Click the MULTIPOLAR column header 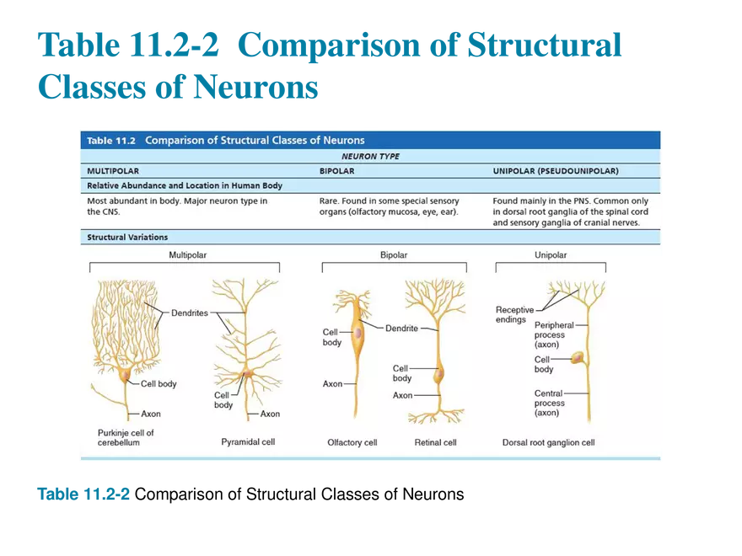(x=113, y=171)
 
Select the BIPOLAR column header (x=336, y=171)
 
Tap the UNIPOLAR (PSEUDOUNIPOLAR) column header (x=555, y=171)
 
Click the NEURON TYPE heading (x=370, y=157)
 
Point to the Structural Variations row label (x=127, y=238)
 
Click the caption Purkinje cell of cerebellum (x=126, y=437)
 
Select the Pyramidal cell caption (x=248, y=441)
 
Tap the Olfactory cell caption (x=352, y=442)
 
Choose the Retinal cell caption (x=435, y=442)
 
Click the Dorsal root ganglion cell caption (x=548, y=442)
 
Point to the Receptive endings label (x=513, y=315)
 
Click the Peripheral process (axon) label (x=553, y=334)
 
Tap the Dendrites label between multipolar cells (x=189, y=313)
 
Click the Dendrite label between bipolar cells (x=401, y=329)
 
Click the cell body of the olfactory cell (x=359, y=334)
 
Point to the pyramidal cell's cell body (x=247, y=372)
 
